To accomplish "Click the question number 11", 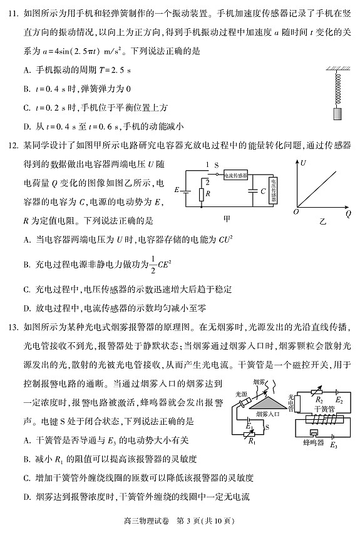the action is [x=13, y=12].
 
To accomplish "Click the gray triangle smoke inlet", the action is [x=270, y=400].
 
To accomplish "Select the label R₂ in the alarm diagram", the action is [x=317, y=398].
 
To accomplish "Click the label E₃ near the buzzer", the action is [x=333, y=445].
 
